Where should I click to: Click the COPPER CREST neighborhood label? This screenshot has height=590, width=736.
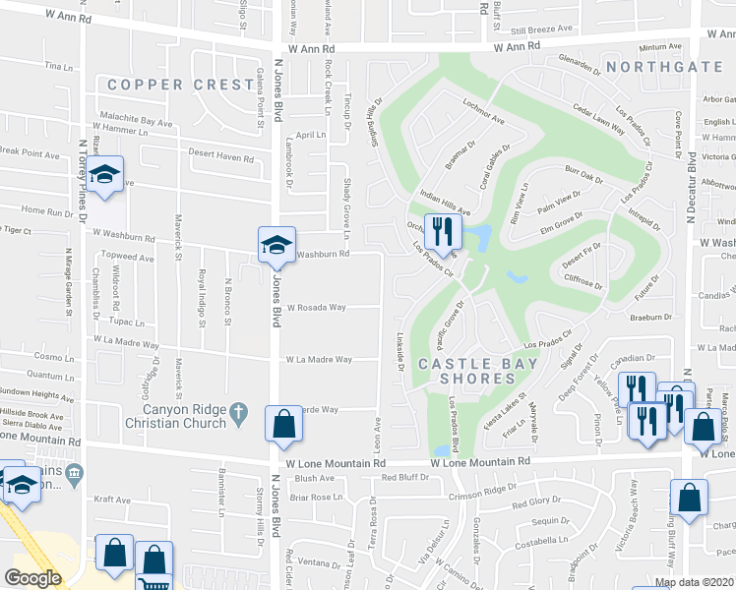(181, 85)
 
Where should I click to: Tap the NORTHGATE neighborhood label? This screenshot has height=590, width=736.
(664, 67)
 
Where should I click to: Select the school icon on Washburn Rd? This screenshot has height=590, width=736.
(276, 245)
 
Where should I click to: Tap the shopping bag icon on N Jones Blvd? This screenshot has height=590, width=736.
(283, 424)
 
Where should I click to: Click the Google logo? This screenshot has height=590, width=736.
(32, 578)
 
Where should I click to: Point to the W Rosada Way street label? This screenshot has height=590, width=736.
(316, 307)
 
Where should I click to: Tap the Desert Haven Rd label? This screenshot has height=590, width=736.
(221, 155)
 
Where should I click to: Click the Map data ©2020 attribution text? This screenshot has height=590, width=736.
(695, 582)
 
